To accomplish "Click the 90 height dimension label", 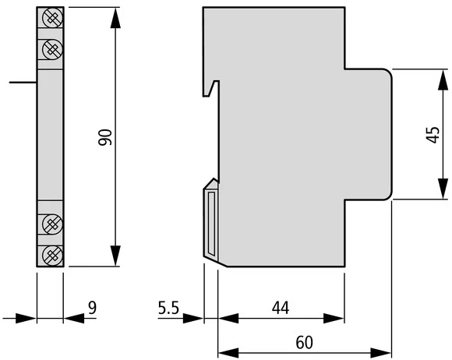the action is click(105, 137).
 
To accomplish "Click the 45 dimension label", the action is click(433, 135).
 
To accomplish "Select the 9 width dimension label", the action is click(92, 308).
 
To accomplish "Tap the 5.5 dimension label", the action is click(168, 308).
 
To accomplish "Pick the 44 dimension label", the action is click(281, 308).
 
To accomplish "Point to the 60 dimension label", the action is click(304, 342).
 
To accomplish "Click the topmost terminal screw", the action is click(52, 18).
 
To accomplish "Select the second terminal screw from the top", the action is click(52, 49).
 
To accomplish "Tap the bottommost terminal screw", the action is click(52, 256).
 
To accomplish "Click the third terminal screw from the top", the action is click(52, 224).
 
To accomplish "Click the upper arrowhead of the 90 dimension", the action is click(115, 18).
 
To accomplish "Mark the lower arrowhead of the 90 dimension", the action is click(115, 256).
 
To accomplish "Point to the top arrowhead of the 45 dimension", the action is click(443, 79).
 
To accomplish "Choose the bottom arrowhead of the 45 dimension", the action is click(443, 189).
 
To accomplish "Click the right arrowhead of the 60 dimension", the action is click(380, 353).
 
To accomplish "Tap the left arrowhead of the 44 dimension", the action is click(228, 319).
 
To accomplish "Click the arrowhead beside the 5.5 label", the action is click(193, 319).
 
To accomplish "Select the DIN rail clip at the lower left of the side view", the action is click(210, 222).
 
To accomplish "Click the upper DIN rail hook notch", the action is click(211, 89).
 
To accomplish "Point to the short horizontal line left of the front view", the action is click(23, 83).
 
